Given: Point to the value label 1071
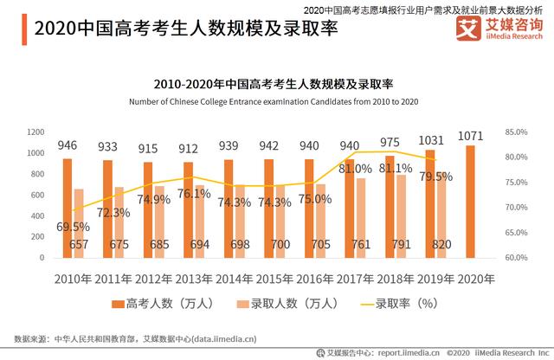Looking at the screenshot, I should [470, 138].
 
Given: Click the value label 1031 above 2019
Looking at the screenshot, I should [430, 141].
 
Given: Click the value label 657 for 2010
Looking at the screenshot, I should [79, 245].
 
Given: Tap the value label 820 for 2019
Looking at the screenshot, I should [441, 245].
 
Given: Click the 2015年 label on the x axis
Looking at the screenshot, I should [274, 279].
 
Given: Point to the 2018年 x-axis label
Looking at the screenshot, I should [395, 279].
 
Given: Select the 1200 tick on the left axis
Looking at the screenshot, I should [35, 132].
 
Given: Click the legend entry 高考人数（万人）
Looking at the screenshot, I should [159, 304].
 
